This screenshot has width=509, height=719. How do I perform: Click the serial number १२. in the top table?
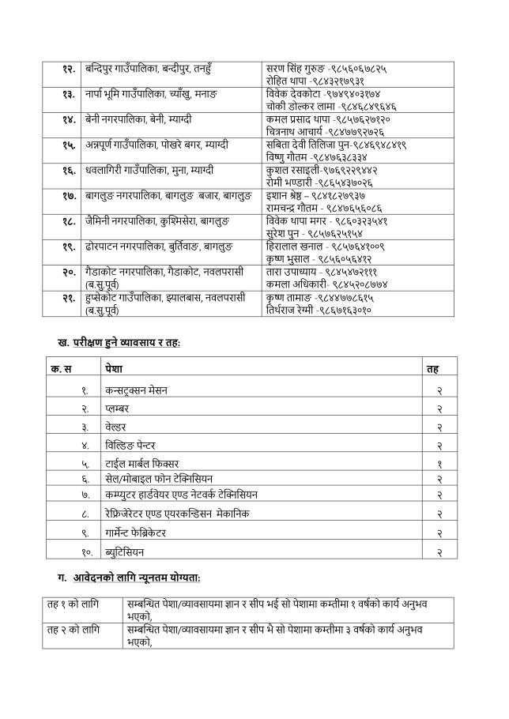[67, 70]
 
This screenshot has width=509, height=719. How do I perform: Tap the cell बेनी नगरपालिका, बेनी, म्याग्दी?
[138, 119]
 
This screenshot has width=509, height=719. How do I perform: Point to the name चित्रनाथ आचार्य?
[296, 132]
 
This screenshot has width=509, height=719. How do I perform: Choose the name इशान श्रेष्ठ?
[291, 195]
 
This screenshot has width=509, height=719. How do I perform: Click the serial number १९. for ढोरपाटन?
[67, 247]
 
